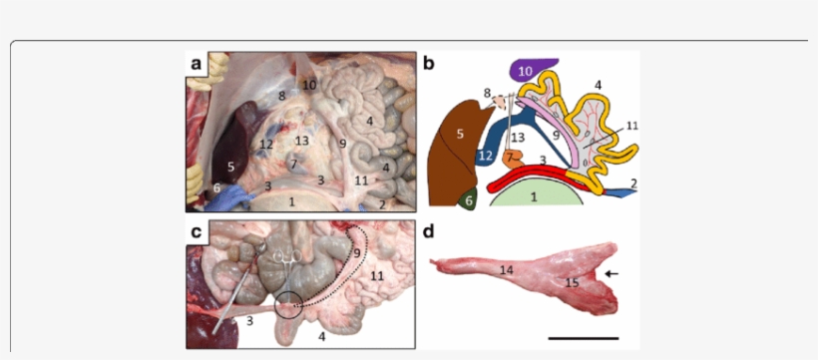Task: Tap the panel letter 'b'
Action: [x=430, y=64]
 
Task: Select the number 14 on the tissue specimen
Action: [x=507, y=269]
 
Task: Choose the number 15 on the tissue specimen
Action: [x=572, y=284]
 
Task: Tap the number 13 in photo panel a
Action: [x=302, y=141]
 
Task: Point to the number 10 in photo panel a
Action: [x=309, y=86]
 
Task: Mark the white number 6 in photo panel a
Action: [x=216, y=188]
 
